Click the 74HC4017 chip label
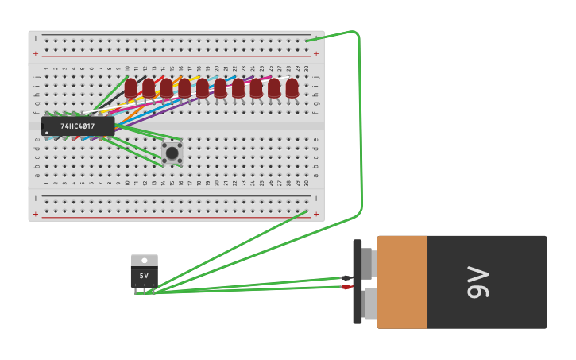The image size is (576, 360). pos(78,126)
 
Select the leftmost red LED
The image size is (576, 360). pos(131,87)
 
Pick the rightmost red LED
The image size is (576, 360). pos(292,87)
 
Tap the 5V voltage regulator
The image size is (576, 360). pos(144,275)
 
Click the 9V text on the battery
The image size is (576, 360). pos(478,282)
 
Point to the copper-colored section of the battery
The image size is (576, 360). pos(402,282)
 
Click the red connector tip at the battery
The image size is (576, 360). pos(346,287)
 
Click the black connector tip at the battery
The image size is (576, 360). pos(346,277)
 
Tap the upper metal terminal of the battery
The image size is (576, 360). pos(367,263)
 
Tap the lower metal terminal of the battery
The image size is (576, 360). pos(369,304)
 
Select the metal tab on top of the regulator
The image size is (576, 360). pos(144,260)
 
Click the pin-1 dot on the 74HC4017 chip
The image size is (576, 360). pos(47,133)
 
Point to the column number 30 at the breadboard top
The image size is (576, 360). pos(307,68)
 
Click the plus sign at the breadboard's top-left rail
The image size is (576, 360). pos(36,54)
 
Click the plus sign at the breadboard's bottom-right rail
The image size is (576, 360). pos(316,214)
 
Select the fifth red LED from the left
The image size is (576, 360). pos(203,87)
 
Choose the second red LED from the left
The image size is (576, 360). pos(149,87)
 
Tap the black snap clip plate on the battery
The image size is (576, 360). pos(358,282)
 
